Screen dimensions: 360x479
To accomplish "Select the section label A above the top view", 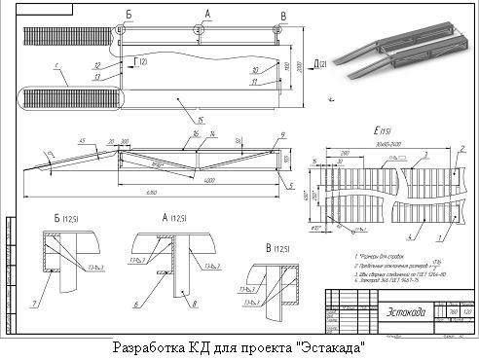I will (x=205, y=14).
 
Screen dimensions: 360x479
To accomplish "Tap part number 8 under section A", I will (x=195, y=304).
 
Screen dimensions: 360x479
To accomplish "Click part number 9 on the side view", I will (x=281, y=134).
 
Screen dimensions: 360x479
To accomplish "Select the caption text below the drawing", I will (x=239, y=347).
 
